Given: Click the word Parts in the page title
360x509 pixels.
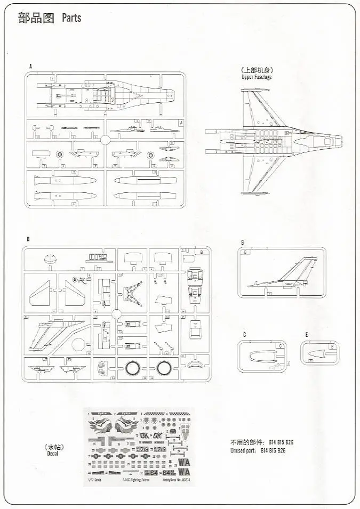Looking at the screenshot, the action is [x=71, y=18].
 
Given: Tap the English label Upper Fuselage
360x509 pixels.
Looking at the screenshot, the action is [x=257, y=77].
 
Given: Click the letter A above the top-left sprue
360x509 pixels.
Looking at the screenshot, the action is [x=31, y=67].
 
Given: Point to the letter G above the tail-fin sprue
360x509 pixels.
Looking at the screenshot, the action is [x=242, y=243].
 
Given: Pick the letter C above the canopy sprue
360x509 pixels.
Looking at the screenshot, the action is [x=244, y=335].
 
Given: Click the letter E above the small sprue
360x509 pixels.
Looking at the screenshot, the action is [x=307, y=335].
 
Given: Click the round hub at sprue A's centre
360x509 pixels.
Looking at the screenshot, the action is [x=105, y=140].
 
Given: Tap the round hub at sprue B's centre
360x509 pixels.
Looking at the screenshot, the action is [x=116, y=313].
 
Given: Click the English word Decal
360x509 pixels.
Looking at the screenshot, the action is [x=52, y=454].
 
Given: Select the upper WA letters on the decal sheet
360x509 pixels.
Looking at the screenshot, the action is [x=183, y=462].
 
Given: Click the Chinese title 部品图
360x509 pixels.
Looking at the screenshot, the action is [x=36, y=18].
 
